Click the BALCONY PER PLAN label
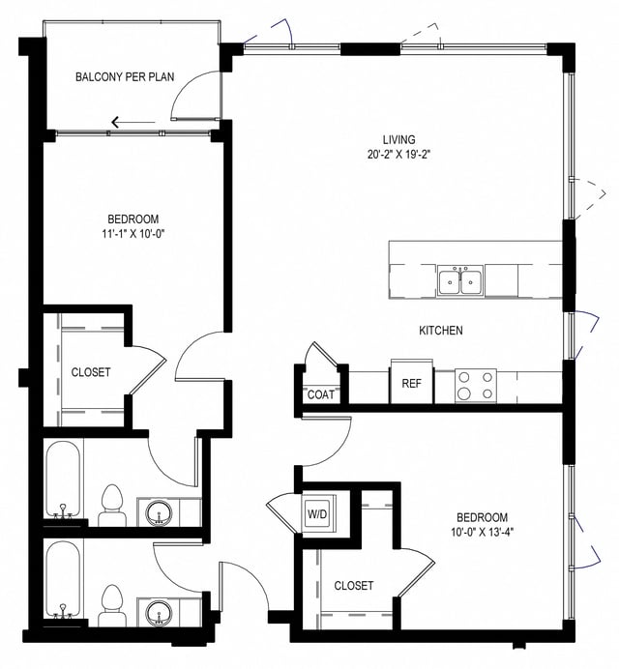pos(124,76)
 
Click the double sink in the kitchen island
pos(459,281)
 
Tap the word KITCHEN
pos(440,331)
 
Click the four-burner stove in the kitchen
pos(475,386)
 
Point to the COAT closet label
pos(320,394)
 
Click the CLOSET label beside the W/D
pos(353,586)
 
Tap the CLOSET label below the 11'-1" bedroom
pos(90,372)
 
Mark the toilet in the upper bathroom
pos(112,506)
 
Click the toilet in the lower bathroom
pos(112,605)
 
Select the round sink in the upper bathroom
pos(157,512)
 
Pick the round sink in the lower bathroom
pos(157,612)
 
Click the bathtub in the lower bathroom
pos(64,581)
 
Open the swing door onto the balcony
pos(187,97)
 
